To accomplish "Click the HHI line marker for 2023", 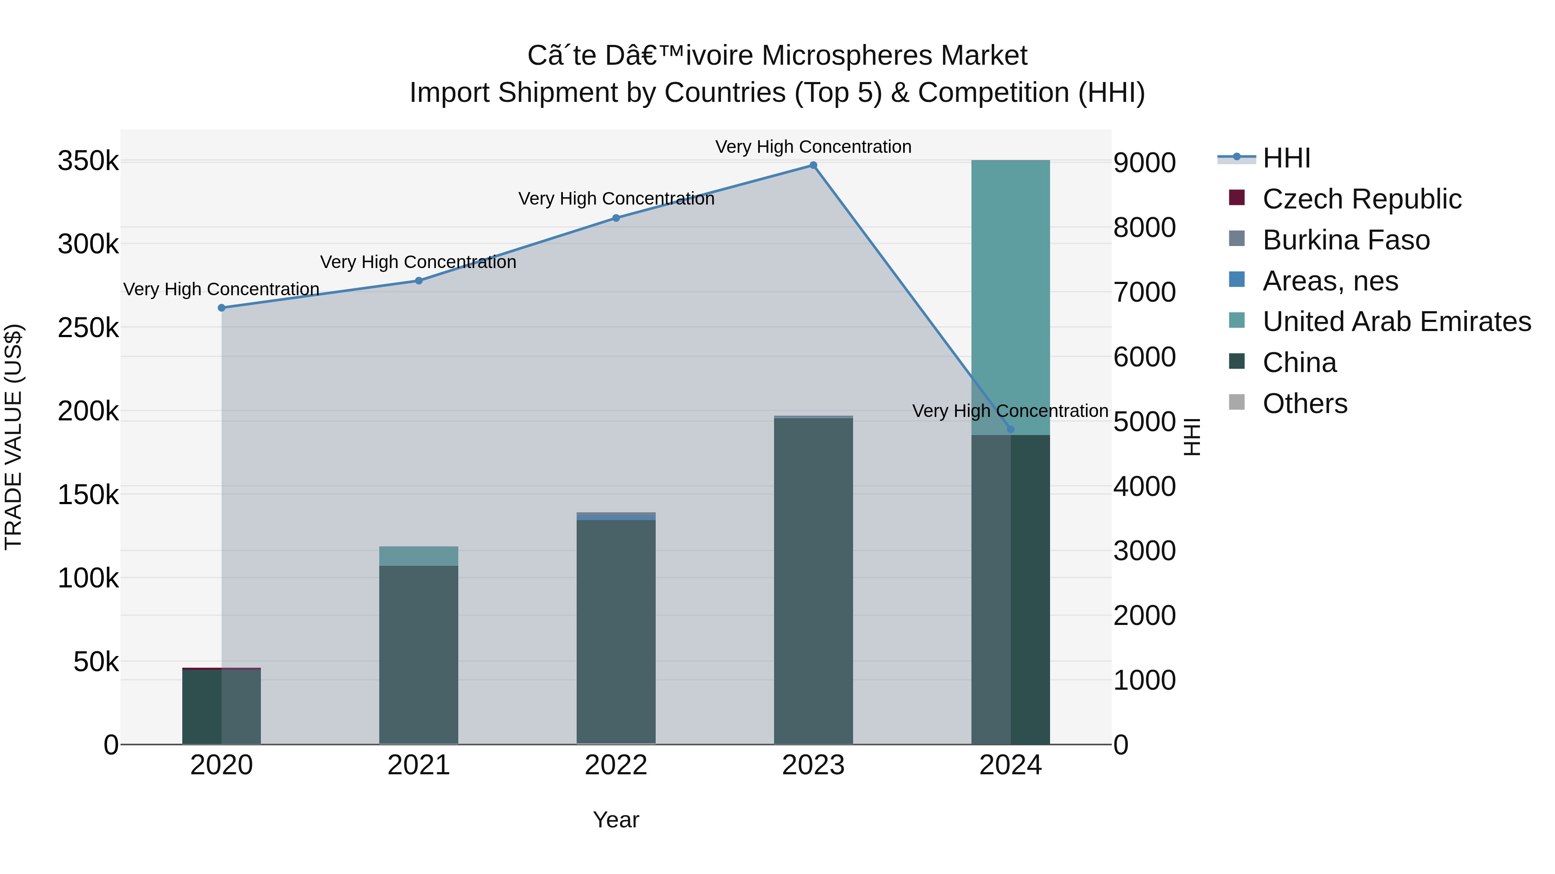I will pos(813,165).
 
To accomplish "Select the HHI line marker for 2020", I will pos(222,308).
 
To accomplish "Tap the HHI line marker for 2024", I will pos(1010,429).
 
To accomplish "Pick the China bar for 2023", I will pos(813,579).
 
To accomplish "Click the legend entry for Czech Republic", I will pos(1361,199).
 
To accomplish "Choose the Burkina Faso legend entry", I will pos(1346,240).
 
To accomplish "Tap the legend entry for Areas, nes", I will pos(1330,281).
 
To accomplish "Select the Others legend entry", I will pos(1304,404).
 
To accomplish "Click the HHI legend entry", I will pos(1286,158).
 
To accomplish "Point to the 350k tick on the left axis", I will pos(88,162).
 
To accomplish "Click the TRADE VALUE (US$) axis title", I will pos(13,437).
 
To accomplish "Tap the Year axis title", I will pos(616,820).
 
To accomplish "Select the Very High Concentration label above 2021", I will pos(418,262).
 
